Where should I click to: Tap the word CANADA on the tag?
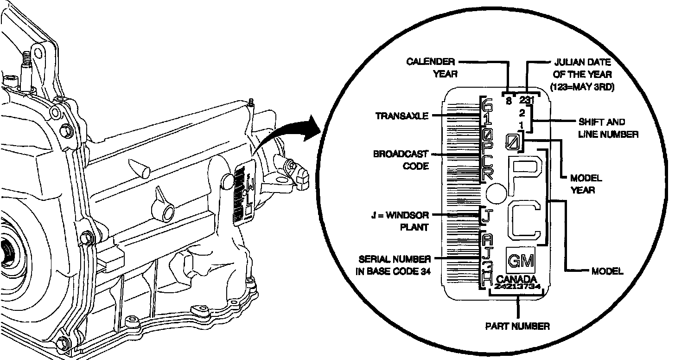[516, 279]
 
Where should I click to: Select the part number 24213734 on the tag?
[517, 287]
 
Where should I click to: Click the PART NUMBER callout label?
[517, 326]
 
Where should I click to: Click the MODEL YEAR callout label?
[586, 184]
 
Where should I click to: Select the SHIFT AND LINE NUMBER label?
[608, 128]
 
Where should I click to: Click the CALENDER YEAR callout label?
[431, 67]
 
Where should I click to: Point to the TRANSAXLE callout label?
[402, 116]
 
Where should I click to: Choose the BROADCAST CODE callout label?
[401, 160]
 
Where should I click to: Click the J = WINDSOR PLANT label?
[401, 221]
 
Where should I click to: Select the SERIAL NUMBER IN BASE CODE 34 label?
[393, 265]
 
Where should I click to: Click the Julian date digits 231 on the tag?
[527, 100]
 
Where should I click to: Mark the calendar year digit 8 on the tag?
[509, 100]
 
